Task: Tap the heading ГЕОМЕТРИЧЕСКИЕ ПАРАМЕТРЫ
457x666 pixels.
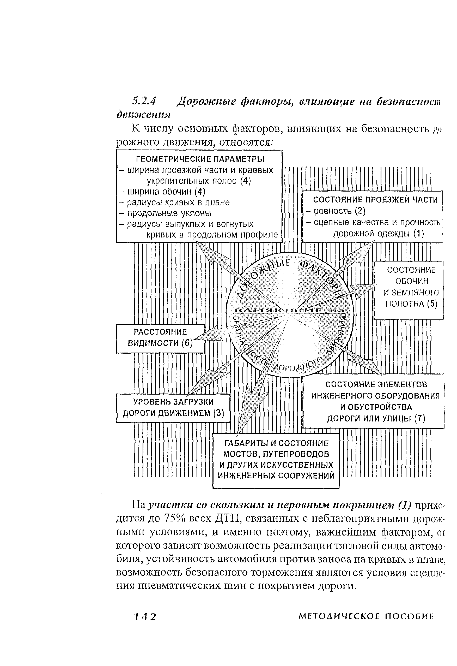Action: coord(200,159)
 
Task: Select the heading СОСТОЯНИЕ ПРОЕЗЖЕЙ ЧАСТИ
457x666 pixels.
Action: coord(375,200)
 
